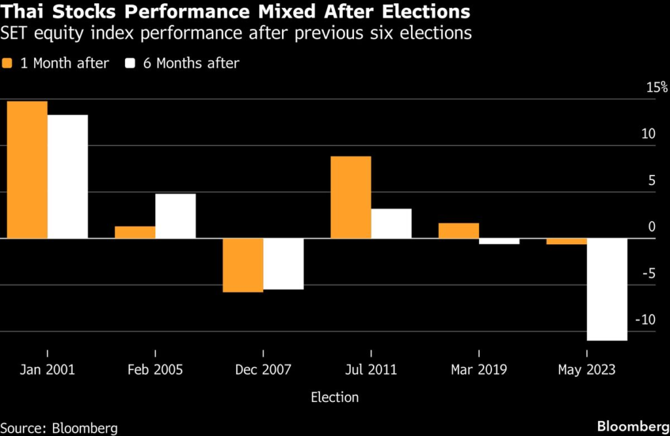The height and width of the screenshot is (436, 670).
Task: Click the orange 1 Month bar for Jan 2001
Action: pos(27,170)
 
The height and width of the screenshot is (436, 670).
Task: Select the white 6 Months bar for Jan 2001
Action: pos(67,176)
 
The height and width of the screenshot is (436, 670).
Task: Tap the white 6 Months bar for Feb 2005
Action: pos(175,216)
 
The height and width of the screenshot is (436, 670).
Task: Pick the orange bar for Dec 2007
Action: pos(243,265)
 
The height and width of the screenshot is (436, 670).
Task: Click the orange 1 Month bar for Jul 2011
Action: pos(351,197)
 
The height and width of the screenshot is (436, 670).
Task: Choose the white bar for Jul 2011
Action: pos(391,223)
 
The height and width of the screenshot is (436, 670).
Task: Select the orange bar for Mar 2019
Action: pos(459,230)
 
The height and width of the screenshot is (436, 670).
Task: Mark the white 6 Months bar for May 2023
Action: pos(607,289)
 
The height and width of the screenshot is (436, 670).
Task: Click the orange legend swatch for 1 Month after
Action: pos(9,64)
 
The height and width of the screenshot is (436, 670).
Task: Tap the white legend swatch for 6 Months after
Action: pos(131,64)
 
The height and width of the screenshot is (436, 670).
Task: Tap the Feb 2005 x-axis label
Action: pos(155,370)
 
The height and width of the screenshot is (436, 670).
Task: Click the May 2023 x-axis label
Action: pos(586,370)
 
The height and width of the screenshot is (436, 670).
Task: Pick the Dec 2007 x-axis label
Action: pos(263,370)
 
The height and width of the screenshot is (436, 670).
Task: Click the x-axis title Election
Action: pos(334,397)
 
